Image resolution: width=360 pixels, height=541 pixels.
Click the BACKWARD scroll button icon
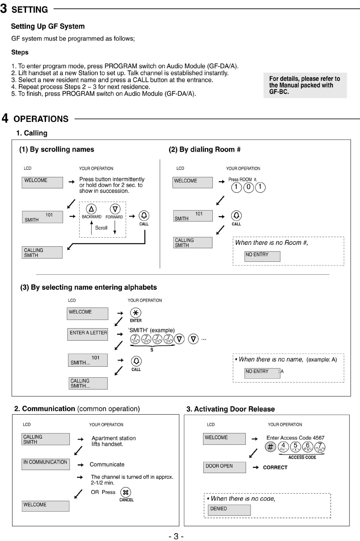pyautogui.click(x=91, y=209)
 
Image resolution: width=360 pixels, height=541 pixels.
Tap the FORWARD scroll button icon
pyautogui.click(x=115, y=209)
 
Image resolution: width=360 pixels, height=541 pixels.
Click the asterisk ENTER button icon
pyautogui.click(x=135, y=313)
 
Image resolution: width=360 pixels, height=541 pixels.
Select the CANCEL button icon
pyautogui.click(x=126, y=492)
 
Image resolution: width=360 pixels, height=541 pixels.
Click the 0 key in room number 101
pyautogui.click(x=248, y=187)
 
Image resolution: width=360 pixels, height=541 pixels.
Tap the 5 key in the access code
pyautogui.click(x=295, y=447)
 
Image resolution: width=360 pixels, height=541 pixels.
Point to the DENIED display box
pyautogui.click(x=229, y=510)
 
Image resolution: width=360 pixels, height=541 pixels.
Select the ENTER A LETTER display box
pyautogui.click(x=88, y=334)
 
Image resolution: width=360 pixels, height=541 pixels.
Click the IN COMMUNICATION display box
pyautogui.click(x=46, y=464)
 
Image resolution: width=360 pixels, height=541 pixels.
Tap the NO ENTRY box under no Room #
pyautogui.click(x=262, y=256)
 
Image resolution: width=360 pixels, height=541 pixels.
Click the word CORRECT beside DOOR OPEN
pyautogui.click(x=275, y=467)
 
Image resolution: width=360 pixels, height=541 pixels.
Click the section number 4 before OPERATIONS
pyautogui.click(x=5, y=118)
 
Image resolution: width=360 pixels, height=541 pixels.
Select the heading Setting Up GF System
pyautogui.click(x=48, y=26)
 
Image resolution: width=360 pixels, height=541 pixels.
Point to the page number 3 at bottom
pyautogui.click(x=176, y=536)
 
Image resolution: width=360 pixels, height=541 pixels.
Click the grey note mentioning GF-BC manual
pyautogui.click(x=305, y=85)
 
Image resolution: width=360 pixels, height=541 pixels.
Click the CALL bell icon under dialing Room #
pyautogui.click(x=236, y=215)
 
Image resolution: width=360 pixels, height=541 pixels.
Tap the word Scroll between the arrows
pyautogui.click(x=101, y=228)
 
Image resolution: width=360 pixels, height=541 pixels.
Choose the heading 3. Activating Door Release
pyautogui.click(x=231, y=409)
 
